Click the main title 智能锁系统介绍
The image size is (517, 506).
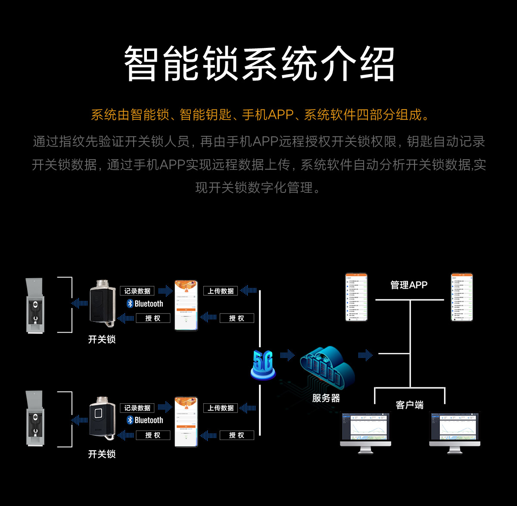[x=259, y=64]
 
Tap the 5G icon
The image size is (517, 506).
[x=262, y=365]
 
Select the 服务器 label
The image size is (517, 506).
[x=326, y=398]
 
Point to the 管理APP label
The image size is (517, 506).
[x=408, y=285]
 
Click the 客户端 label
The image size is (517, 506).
[x=409, y=405]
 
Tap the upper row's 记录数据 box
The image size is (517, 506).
[x=137, y=291]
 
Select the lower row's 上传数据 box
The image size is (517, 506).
[x=221, y=408]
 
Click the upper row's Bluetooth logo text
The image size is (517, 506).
[x=145, y=304]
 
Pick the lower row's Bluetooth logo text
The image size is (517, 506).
[x=145, y=420]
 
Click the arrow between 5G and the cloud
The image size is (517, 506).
[x=287, y=355]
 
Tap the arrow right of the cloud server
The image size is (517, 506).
[x=365, y=355]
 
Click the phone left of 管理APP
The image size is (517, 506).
[x=356, y=297]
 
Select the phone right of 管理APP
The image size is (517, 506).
[x=461, y=297]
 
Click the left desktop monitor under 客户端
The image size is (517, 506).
[x=365, y=431]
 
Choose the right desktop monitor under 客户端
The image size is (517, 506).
[x=455, y=431]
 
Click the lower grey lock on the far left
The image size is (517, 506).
[x=34, y=418]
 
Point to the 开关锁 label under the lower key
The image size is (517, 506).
[x=102, y=454]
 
